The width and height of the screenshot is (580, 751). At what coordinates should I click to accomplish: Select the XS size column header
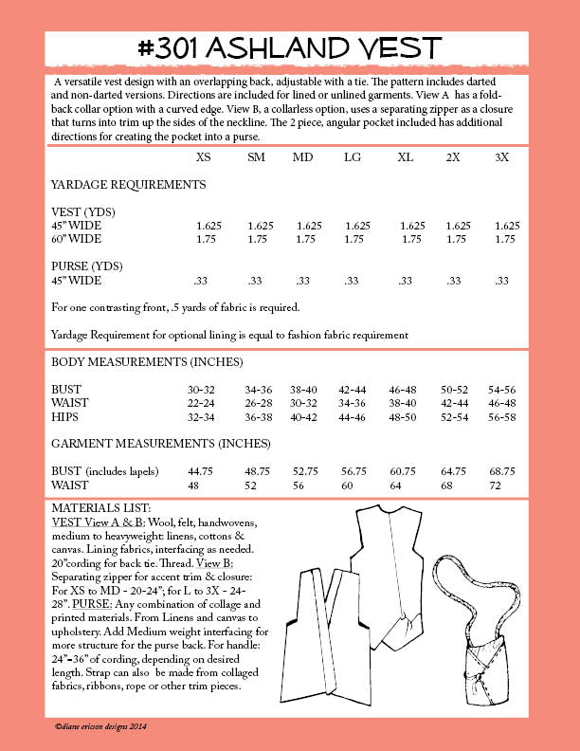click(x=204, y=156)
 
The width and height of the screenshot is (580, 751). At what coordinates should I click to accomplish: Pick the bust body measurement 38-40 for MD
click(x=308, y=389)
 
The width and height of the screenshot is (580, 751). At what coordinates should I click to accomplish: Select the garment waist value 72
click(x=501, y=485)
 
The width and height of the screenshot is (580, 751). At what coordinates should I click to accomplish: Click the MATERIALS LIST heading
click(x=100, y=509)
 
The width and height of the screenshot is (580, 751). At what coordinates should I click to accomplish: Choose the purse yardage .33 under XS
click(x=201, y=281)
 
